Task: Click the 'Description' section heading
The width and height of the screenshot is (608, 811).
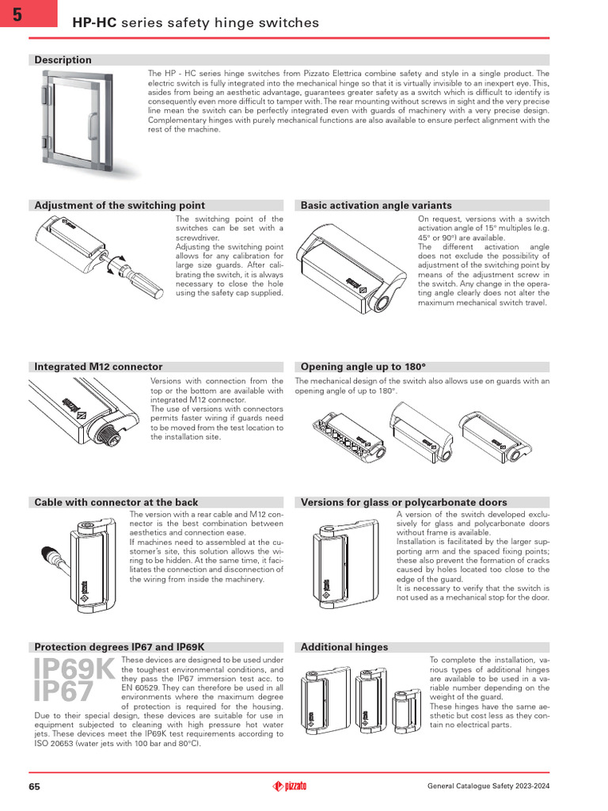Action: [63, 60]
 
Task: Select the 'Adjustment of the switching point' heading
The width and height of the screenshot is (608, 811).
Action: [119, 205]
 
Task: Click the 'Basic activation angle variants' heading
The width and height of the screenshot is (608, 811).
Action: [376, 205]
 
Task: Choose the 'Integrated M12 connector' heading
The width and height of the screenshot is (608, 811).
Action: [98, 367]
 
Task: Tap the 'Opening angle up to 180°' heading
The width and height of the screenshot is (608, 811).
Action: [363, 367]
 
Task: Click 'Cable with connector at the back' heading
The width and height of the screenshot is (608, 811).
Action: [116, 502]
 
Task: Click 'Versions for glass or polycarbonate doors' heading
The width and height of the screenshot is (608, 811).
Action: [404, 502]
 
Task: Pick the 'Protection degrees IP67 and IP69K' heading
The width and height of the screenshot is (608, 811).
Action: [119, 647]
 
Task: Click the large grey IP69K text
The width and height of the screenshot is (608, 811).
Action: [74, 668]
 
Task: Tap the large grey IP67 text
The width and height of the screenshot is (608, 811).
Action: [63, 693]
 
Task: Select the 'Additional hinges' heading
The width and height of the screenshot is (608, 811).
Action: [344, 647]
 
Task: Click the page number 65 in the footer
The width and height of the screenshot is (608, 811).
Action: [35, 786]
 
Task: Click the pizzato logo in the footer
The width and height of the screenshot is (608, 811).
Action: [290, 786]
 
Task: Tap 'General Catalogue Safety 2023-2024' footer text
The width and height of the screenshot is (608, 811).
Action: [488, 786]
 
